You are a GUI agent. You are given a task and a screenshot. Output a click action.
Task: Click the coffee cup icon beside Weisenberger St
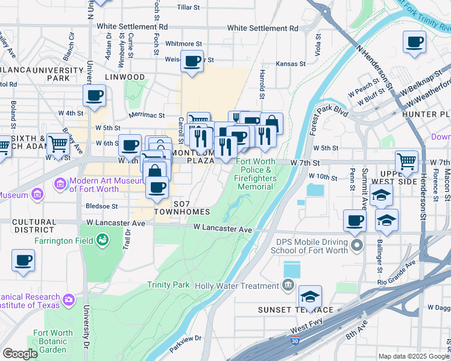pyautogui.click(x=192, y=62)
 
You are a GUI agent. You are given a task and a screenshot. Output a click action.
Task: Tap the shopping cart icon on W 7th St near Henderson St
pyautogui.click(x=408, y=161)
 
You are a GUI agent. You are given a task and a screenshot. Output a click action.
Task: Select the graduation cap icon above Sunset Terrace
pyautogui.click(x=310, y=296)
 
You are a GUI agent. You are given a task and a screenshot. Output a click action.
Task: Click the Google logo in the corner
pyautogui.click(x=20, y=354)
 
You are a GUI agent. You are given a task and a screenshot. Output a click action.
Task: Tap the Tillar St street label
pyautogui.click(x=188, y=7)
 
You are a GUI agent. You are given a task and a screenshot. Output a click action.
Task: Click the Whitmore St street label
pyautogui.click(x=183, y=44)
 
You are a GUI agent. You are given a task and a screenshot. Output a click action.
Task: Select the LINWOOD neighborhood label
pyautogui.click(x=125, y=77)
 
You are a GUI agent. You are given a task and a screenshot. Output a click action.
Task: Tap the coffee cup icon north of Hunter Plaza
pyautogui.click(x=414, y=42)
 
